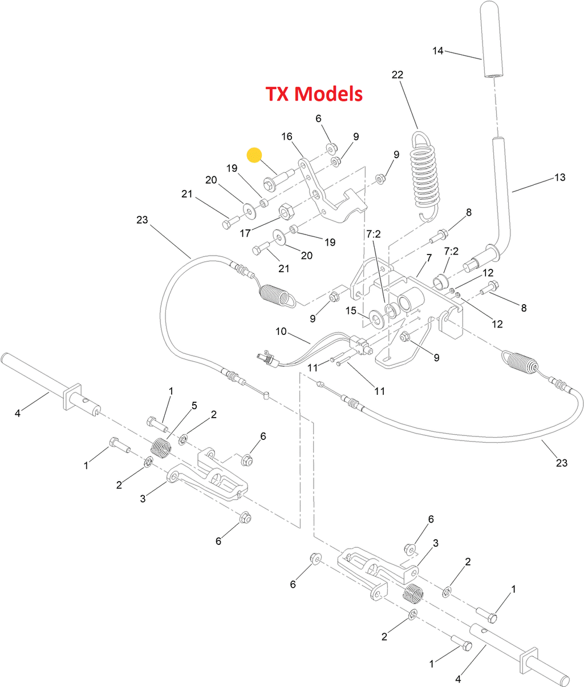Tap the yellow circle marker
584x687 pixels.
[x=254, y=155]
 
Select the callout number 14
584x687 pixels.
[x=437, y=51]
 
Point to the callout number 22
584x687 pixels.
[x=398, y=75]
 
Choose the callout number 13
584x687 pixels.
[x=560, y=177]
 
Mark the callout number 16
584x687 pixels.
[x=287, y=136]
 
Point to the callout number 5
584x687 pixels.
[x=194, y=406]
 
